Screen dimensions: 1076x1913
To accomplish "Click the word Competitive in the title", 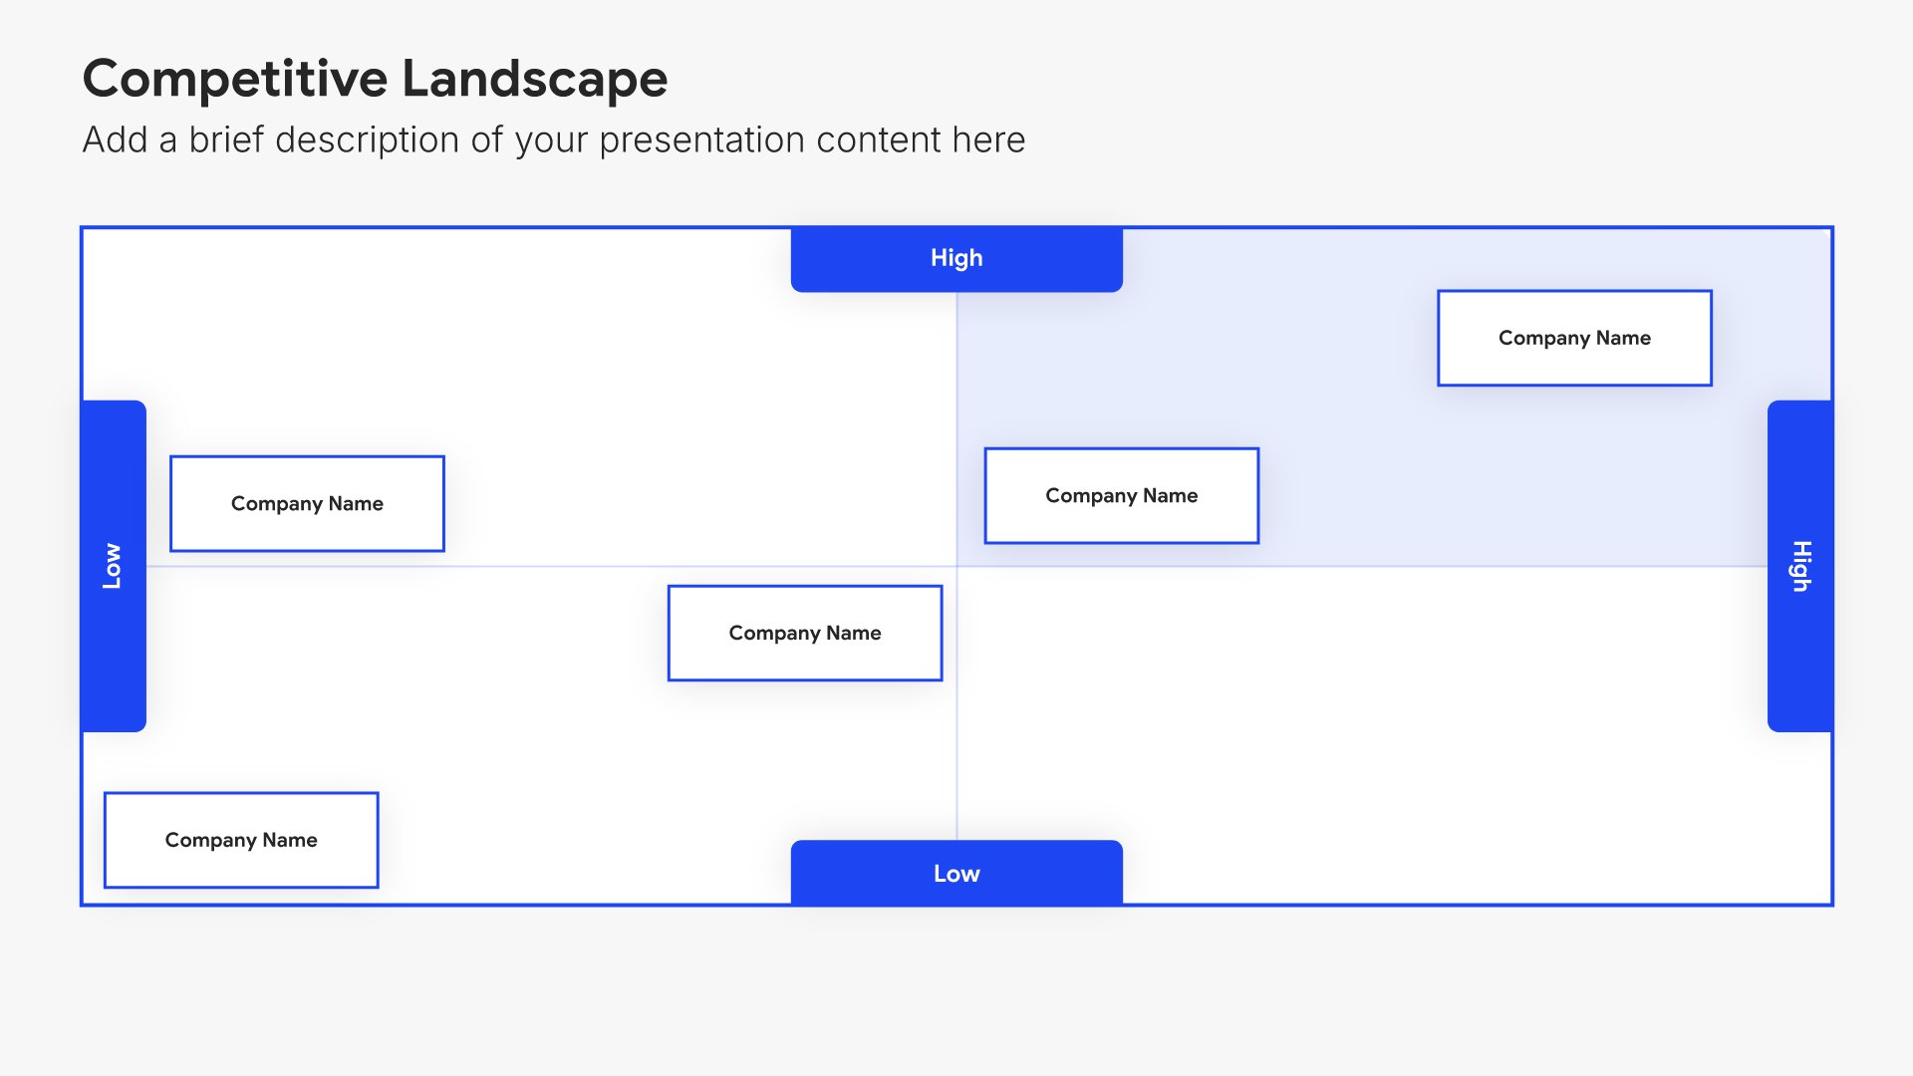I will tap(235, 79).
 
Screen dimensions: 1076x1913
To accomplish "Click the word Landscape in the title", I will tap(534, 79).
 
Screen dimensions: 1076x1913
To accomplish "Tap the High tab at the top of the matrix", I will tap(956, 258).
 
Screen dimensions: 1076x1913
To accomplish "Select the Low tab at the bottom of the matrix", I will tap(956, 874).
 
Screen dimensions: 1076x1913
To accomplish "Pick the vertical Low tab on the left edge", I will tap(113, 566).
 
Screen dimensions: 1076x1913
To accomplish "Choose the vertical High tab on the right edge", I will tap(1800, 566).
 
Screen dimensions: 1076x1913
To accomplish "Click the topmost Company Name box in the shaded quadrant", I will tap(1574, 338).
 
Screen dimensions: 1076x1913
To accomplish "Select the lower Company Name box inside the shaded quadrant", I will tap(1121, 495).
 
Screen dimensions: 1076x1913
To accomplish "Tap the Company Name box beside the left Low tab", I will tap(307, 503).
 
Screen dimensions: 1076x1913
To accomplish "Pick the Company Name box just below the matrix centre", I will tap(805, 633).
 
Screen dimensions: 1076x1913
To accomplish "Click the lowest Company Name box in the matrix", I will tap(241, 840).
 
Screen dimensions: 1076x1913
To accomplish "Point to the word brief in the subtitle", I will tap(227, 140).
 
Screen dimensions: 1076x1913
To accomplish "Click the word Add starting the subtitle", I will tap(115, 140).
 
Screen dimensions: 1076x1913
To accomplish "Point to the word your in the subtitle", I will tap(551, 140).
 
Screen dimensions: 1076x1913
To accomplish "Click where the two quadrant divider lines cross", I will tap(956, 566).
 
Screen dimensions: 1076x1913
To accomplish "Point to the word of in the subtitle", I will tap(487, 140).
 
